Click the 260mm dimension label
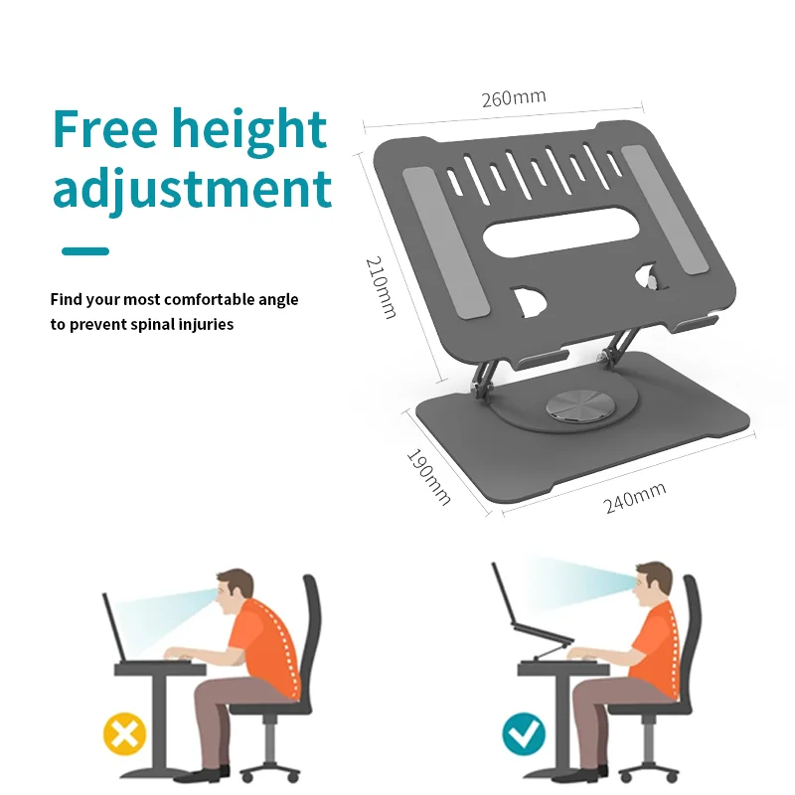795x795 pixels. click(513, 97)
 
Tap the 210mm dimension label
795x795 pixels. click(380, 287)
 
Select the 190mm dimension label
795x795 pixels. click(428, 476)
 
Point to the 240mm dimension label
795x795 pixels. click(634, 496)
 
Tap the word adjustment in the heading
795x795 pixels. click(192, 189)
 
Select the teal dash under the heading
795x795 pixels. click(85, 251)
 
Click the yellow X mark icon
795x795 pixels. click(124, 734)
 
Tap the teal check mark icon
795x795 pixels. click(523, 734)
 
